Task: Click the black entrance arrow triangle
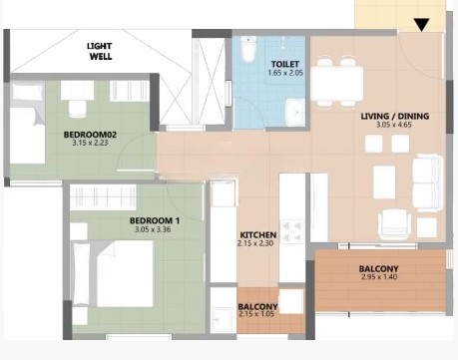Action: click(422, 25)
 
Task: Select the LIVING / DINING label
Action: click(395, 117)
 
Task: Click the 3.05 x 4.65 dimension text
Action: click(395, 128)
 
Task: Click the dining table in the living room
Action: click(336, 81)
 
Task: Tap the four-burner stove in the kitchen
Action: click(293, 233)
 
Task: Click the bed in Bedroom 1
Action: click(115, 273)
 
